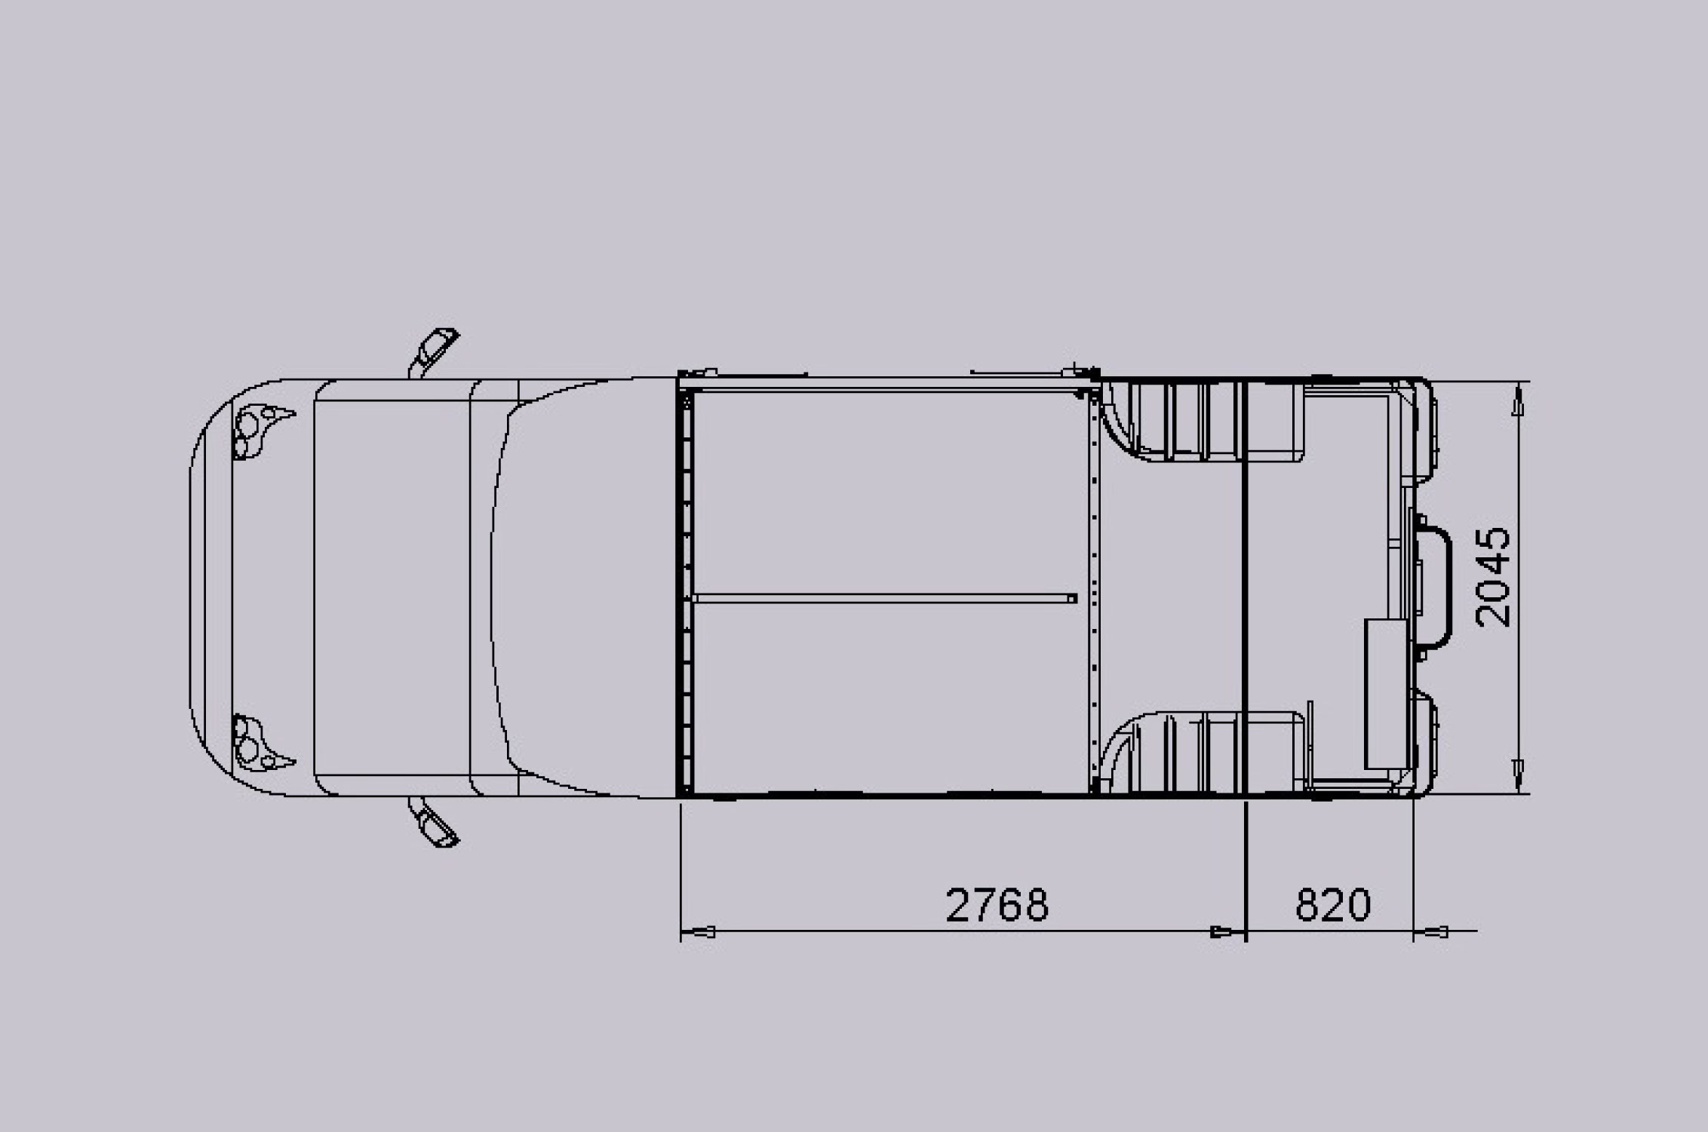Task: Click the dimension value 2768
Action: (997, 905)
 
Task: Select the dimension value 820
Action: (1332, 905)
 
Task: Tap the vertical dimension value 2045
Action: (1493, 577)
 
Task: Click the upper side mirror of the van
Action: (433, 352)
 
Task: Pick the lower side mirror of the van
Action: (433, 824)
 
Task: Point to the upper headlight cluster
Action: (260, 431)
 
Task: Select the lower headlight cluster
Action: (260, 743)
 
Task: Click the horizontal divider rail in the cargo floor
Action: (884, 599)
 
